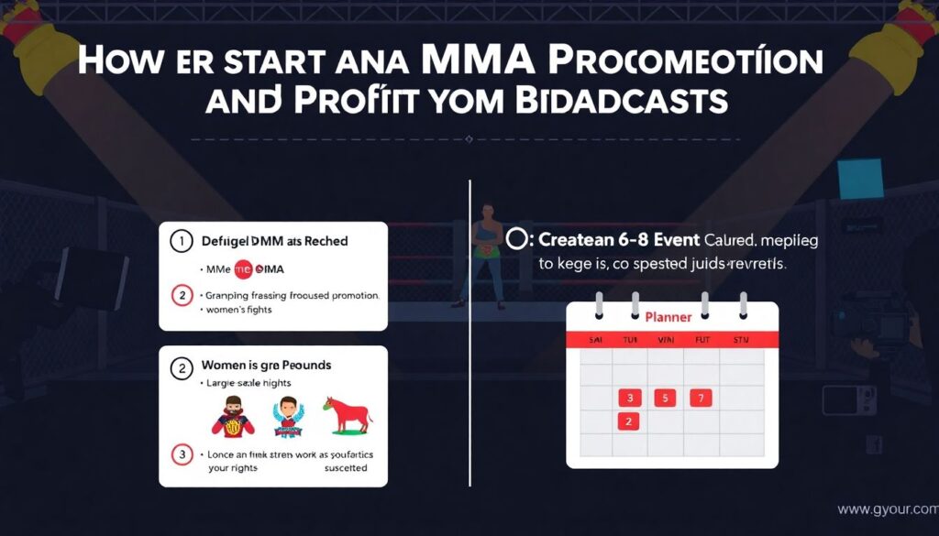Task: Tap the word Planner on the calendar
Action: [x=668, y=317]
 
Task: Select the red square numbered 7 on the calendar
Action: [x=701, y=398]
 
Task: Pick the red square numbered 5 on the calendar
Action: [x=665, y=398]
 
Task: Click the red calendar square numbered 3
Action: [x=629, y=398]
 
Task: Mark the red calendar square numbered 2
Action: [x=629, y=421]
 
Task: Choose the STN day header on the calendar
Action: [x=741, y=339]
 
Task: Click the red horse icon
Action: [x=346, y=414]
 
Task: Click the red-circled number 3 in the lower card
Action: [x=182, y=454]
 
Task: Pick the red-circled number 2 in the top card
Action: [x=182, y=295]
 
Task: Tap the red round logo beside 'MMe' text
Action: [x=244, y=268]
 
